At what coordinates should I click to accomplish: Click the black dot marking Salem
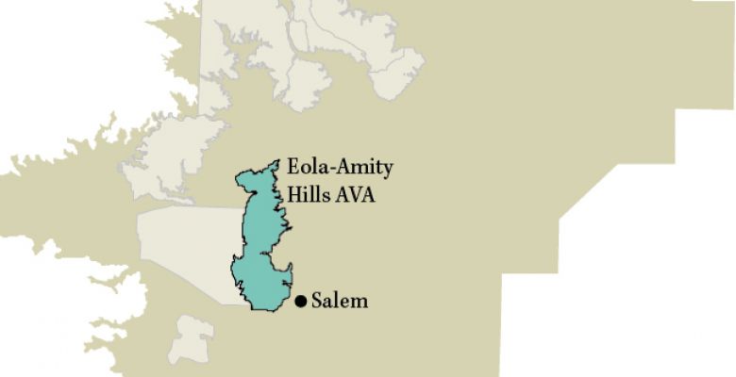point(300,302)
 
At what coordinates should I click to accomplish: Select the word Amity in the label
point(362,169)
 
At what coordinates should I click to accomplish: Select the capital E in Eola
point(293,169)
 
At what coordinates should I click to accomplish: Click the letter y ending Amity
point(387,171)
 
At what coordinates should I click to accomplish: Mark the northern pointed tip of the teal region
point(277,161)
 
